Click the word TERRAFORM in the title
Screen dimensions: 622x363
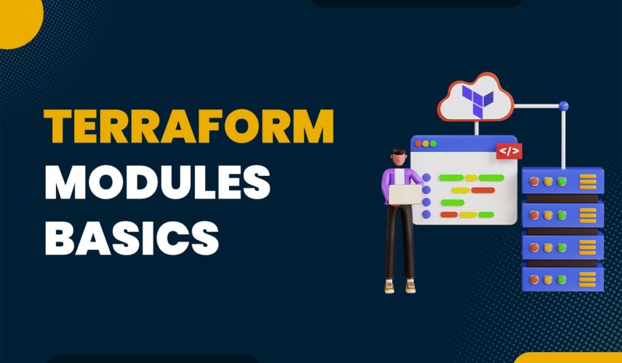189,126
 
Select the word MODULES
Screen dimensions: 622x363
157,182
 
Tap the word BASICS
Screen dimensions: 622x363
132,238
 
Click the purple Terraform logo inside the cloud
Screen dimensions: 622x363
477,101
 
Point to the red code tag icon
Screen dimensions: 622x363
509,151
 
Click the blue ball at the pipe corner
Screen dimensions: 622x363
563,106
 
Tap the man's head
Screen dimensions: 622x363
399,157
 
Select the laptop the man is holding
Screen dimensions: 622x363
405,195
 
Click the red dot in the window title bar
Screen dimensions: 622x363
418,143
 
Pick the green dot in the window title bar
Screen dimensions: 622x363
432,143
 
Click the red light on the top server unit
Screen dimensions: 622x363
535,181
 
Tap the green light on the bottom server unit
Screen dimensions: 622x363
561,280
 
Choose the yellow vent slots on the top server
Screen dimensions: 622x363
587,182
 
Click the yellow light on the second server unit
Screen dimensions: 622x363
548,215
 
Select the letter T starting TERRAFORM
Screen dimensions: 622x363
58,126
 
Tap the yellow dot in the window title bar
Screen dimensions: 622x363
425,143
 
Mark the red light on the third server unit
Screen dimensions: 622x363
535,247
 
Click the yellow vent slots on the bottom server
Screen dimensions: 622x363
587,280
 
